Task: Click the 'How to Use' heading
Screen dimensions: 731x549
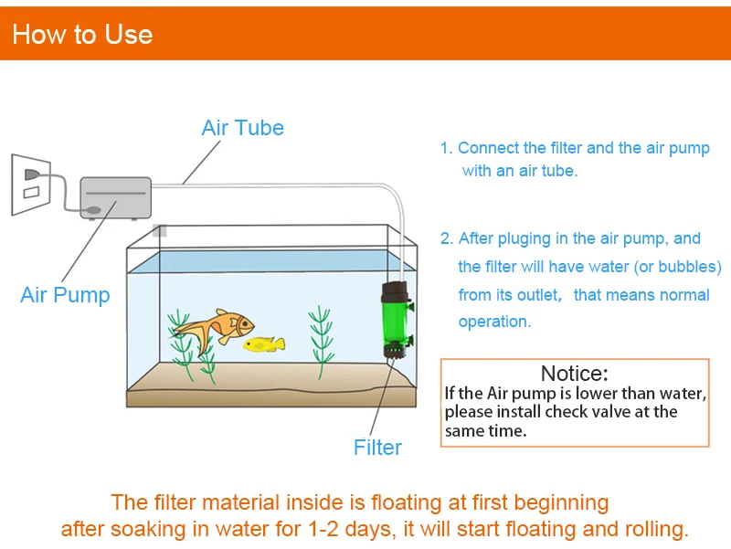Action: tap(82, 35)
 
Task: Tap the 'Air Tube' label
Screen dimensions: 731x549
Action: tap(242, 128)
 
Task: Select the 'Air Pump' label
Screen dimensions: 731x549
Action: tap(65, 295)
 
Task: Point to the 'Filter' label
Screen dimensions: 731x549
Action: tap(377, 447)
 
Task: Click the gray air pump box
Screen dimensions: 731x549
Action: tap(115, 197)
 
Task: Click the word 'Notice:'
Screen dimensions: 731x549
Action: tap(574, 373)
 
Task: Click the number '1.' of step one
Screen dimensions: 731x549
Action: tap(446, 148)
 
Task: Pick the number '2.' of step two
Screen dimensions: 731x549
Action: tap(447, 239)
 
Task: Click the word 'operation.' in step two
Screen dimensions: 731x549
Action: tap(493, 322)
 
